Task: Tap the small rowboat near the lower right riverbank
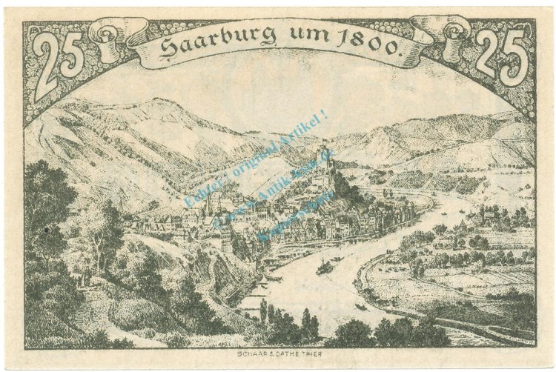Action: coord(360,305)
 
